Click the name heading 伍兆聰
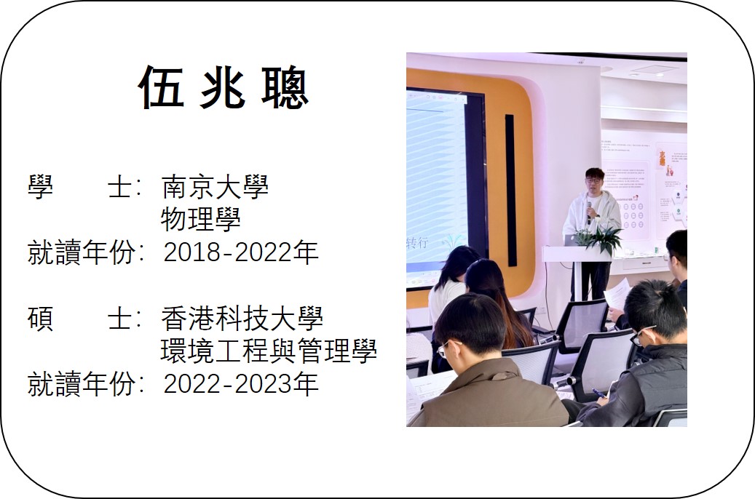click(x=224, y=87)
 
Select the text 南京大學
click(x=215, y=187)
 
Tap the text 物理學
click(x=201, y=219)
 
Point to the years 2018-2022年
click(x=241, y=252)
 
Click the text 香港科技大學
click(x=242, y=319)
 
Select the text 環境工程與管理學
click(x=269, y=351)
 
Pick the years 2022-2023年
click(x=241, y=383)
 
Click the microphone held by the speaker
click(x=589, y=212)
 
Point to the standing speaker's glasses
click(x=593, y=179)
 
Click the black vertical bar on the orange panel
click(x=510, y=190)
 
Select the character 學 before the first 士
click(x=40, y=187)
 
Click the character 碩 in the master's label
click(x=40, y=319)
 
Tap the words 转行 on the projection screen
click(x=417, y=242)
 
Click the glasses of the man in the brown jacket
click(x=448, y=348)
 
